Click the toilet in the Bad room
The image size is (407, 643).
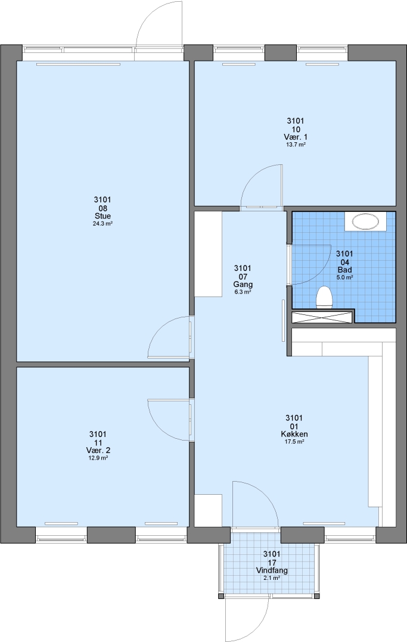click(324, 297)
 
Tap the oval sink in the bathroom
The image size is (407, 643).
click(365, 223)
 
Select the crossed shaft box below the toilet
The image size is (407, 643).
click(322, 317)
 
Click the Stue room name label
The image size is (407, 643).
click(102, 216)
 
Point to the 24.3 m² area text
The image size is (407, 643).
click(102, 224)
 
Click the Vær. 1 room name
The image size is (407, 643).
click(296, 137)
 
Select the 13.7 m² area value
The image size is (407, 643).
click(296, 145)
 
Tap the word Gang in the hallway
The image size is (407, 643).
click(243, 285)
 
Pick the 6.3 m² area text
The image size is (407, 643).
click(243, 292)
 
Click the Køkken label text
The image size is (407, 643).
click(294, 434)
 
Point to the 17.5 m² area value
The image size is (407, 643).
click(294, 442)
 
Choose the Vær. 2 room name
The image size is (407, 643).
click(98, 450)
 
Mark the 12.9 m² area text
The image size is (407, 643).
click(98, 458)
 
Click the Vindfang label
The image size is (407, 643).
click(272, 570)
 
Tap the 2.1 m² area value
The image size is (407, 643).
click(272, 578)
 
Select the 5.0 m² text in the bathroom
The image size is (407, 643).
click(344, 277)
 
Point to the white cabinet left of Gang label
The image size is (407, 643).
click(208, 254)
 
